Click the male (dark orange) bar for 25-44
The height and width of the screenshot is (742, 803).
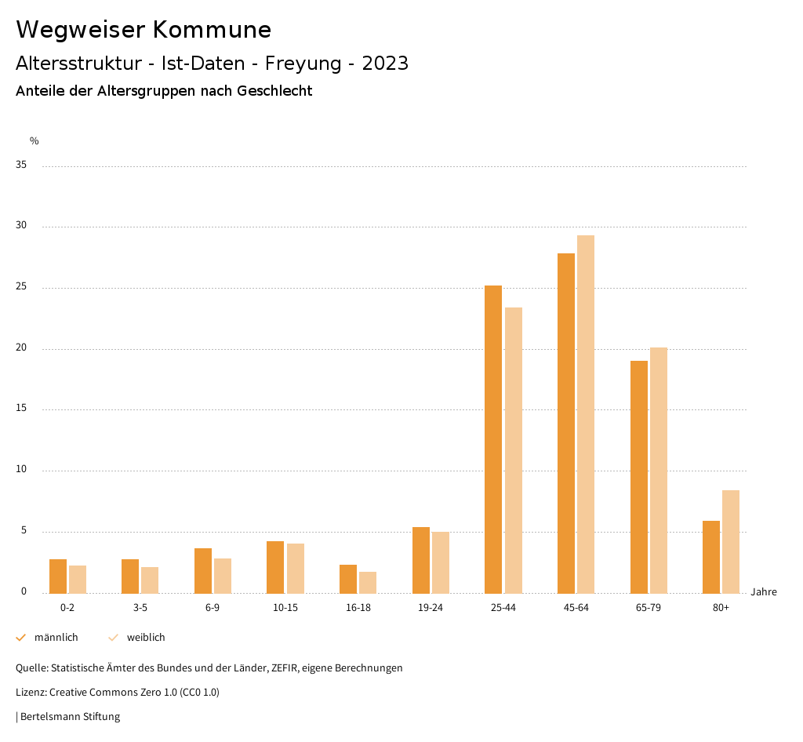tap(493, 439)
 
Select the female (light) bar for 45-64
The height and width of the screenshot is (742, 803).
tap(586, 414)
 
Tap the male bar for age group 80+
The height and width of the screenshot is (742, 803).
tap(711, 557)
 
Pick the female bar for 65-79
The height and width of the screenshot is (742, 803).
tap(659, 471)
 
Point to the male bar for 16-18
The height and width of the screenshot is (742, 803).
tap(348, 579)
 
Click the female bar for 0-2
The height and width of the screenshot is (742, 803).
tap(78, 580)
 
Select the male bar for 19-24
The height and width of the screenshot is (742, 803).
tap(421, 560)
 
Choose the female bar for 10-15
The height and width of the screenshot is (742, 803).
tap(296, 569)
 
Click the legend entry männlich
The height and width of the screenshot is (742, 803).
tap(56, 638)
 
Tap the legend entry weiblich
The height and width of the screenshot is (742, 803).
tap(146, 638)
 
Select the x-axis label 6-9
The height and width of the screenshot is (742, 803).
tap(213, 608)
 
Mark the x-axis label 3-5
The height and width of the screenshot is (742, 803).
tap(140, 608)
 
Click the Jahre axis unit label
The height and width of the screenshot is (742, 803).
tap(764, 592)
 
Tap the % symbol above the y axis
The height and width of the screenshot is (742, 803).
tap(35, 141)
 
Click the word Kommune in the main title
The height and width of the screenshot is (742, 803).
tap(212, 30)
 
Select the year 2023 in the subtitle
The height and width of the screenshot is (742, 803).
tap(385, 64)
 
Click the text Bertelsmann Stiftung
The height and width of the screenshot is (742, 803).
tap(70, 717)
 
